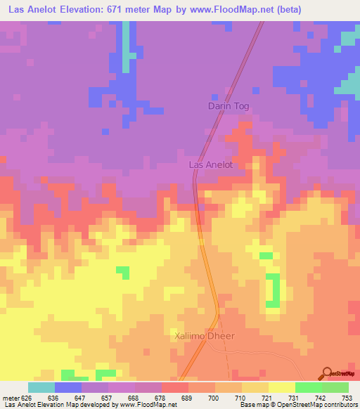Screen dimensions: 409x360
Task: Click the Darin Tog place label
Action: [x=229, y=106]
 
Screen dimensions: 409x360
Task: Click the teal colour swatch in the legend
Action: [x=41, y=388]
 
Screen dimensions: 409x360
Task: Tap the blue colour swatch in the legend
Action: [x=68, y=388]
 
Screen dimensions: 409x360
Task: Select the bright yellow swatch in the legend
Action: [x=282, y=388]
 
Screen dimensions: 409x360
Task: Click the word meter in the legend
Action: [x=10, y=398]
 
